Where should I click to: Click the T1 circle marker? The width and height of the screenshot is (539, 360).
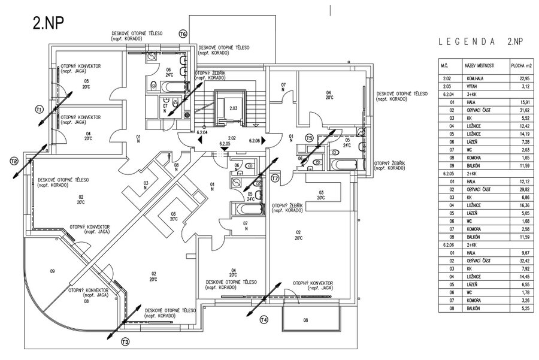(39, 109)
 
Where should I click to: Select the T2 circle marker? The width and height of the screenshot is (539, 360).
(14, 161)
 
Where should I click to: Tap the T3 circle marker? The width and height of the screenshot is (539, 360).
(125, 342)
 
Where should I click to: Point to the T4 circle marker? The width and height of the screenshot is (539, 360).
(264, 320)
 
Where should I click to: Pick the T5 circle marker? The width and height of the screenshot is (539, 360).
(309, 137)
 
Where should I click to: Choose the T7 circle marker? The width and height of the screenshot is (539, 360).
(275, 179)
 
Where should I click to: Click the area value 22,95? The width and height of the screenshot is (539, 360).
(525, 78)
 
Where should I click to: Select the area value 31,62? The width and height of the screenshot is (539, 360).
(525, 110)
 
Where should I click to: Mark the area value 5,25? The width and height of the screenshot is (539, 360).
(525, 308)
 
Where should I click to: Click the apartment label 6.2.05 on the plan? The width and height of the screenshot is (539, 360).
(225, 144)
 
